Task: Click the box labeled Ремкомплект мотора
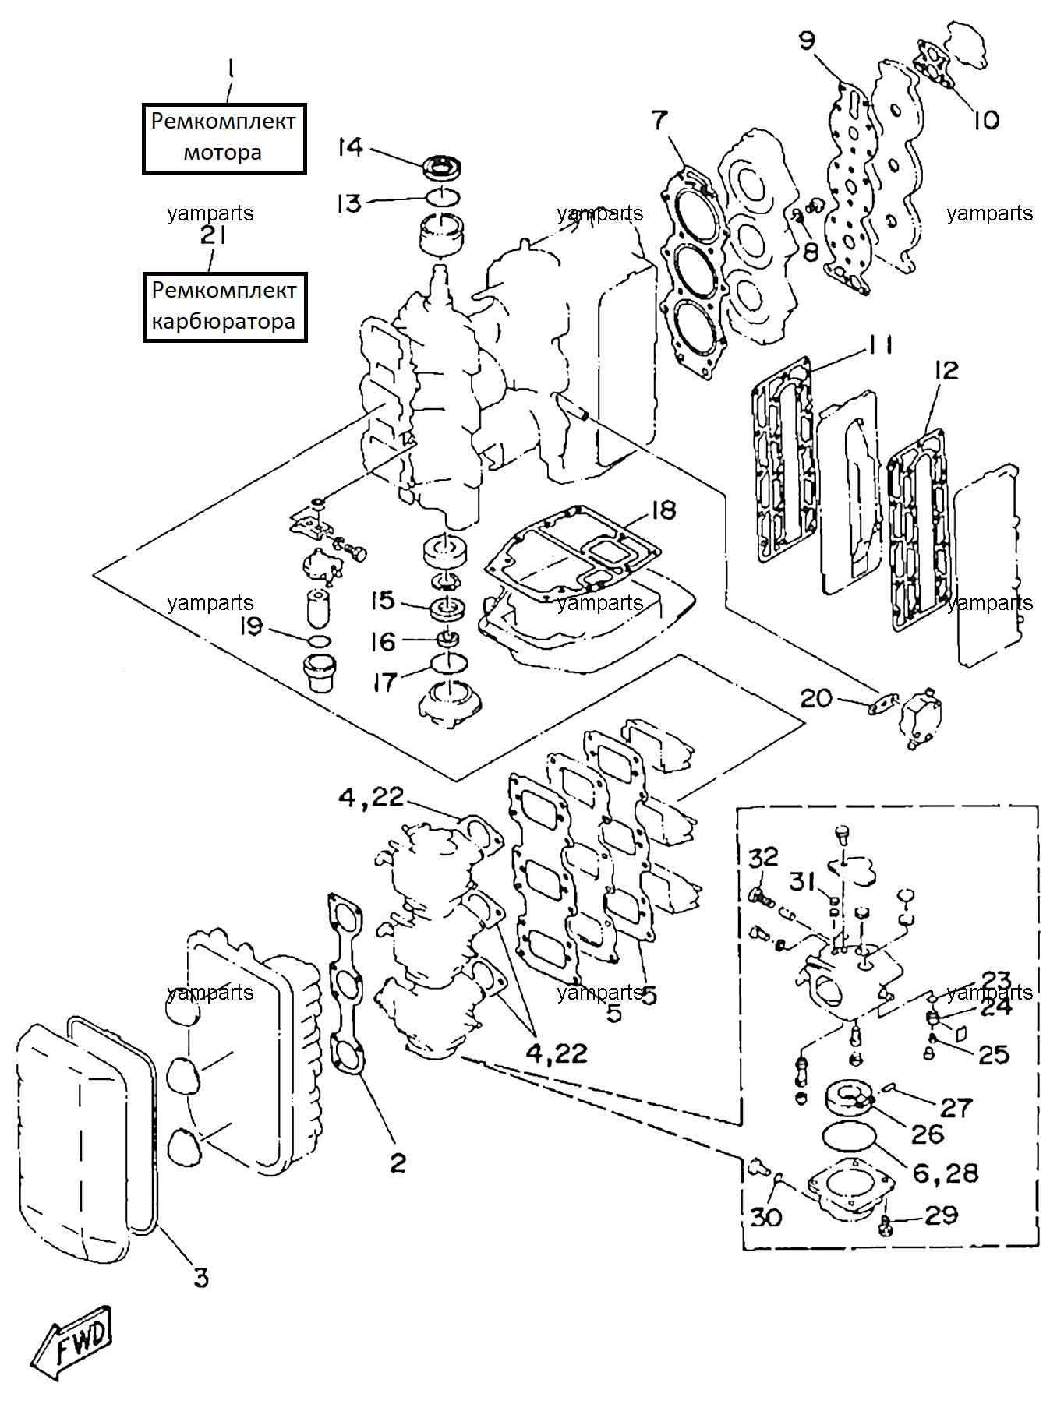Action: coord(224,138)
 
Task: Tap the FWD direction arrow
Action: coord(71,1342)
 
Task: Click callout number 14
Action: coord(350,146)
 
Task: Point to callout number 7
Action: coord(659,120)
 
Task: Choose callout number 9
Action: coord(807,40)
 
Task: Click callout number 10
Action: coord(985,120)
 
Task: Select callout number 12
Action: coord(946,369)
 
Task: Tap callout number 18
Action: coord(663,510)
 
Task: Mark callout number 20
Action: coord(816,698)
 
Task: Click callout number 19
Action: coord(251,626)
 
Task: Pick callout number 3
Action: coord(201,1278)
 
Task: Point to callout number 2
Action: coord(398,1163)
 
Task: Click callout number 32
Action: coord(763,858)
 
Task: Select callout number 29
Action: coord(941,1215)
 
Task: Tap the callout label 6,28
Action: coord(945,1173)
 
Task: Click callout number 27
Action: coord(956,1107)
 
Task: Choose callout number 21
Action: coord(214,235)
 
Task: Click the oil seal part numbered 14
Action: coord(442,167)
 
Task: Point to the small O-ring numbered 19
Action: coord(320,641)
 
